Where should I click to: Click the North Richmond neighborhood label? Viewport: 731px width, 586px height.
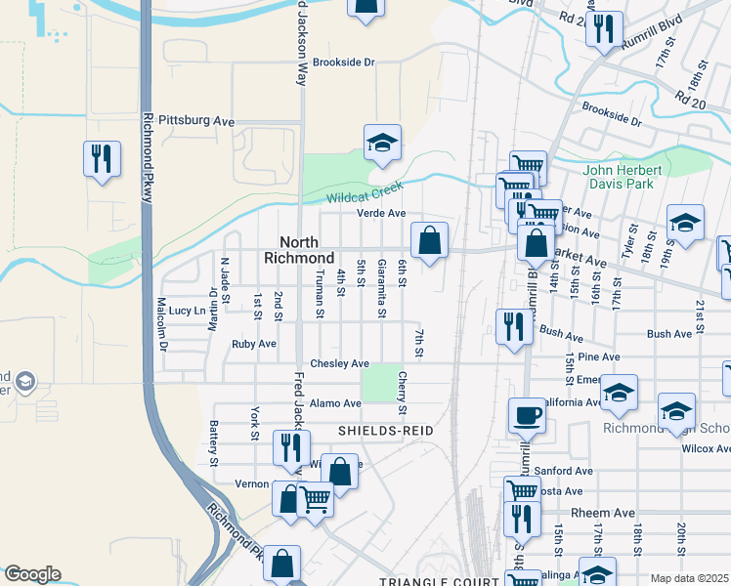tap(299, 250)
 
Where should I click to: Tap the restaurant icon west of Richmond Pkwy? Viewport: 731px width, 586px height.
tap(101, 158)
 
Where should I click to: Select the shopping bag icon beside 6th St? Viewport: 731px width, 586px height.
tap(429, 239)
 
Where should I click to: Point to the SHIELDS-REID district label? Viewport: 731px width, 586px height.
tap(385, 430)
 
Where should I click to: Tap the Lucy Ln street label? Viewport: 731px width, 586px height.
tap(187, 310)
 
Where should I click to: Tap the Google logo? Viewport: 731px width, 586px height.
tap(32, 573)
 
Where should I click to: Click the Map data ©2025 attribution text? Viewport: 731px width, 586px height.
tap(688, 578)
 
